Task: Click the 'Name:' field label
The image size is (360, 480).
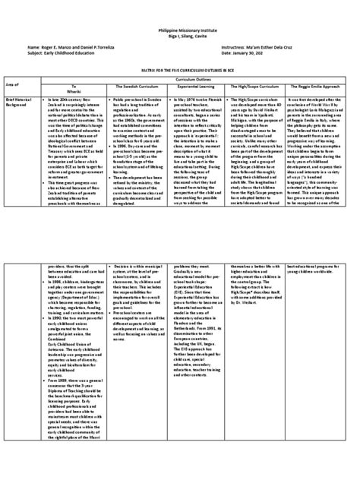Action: click(33, 47)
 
